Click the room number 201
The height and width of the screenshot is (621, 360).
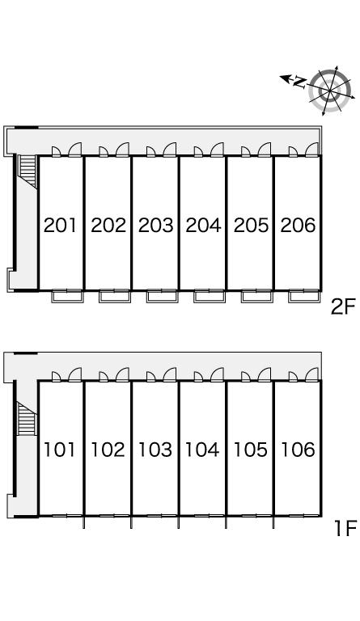coord(60,225)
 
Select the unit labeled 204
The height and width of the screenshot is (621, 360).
coord(203,225)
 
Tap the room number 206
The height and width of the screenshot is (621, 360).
coord(299,225)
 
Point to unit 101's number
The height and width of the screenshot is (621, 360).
coord(59,450)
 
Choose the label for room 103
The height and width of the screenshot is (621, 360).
coord(155,450)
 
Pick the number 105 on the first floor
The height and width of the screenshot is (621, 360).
coord(250,450)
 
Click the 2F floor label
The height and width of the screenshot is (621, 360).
coord(344,307)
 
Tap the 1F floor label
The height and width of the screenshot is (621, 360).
coord(345,528)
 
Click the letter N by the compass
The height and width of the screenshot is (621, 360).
coord(300,82)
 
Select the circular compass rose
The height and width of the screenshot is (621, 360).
coord(330,91)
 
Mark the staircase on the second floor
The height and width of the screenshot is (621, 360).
coord(28,171)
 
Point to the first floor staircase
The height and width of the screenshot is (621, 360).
coord(27,418)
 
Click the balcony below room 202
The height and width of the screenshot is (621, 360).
coord(115,296)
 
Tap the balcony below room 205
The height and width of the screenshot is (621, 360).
coord(257,296)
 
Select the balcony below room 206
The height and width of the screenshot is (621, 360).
coord(304,296)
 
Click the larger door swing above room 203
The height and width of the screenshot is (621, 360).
coord(170,149)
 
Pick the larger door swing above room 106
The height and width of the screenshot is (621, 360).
coord(311,374)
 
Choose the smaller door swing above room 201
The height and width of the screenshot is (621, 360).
coord(57,151)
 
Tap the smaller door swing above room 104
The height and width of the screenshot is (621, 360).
coord(199,376)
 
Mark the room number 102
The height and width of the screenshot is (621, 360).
coord(108,450)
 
